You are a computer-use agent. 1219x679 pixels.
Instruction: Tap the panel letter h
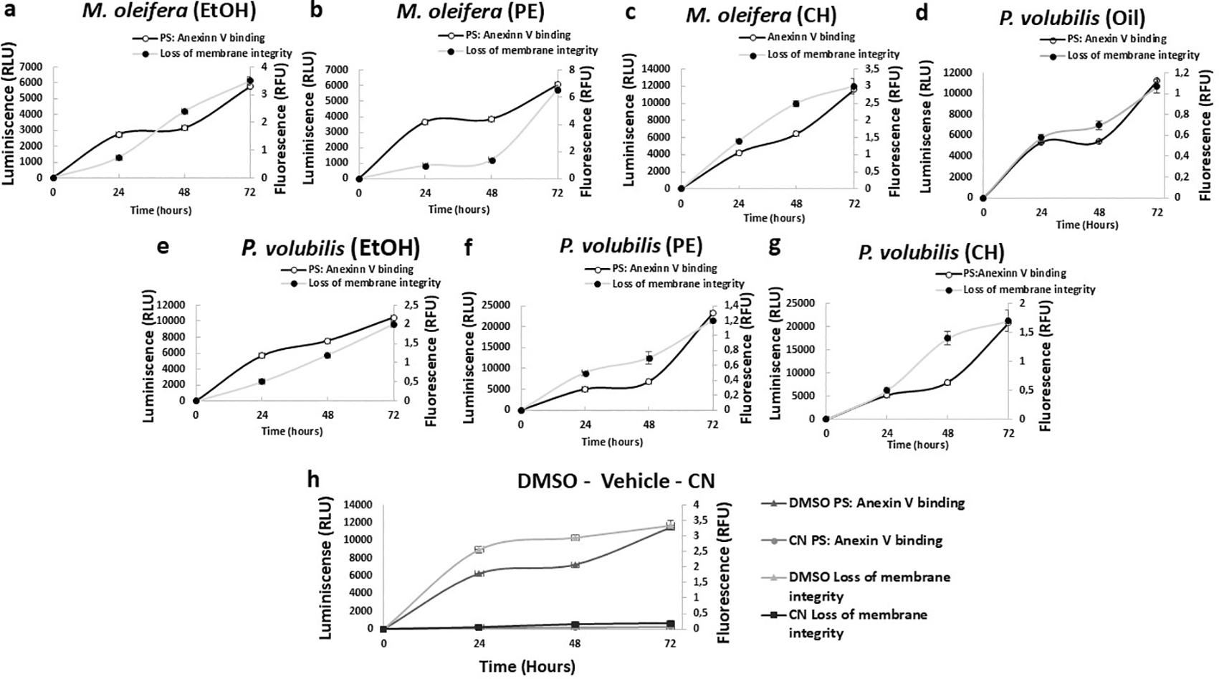[312, 480]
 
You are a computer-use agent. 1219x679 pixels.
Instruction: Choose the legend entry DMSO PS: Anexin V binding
[876, 503]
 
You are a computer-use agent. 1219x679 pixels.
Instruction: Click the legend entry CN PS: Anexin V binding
[864, 541]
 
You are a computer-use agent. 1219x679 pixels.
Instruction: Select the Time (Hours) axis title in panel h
[527, 667]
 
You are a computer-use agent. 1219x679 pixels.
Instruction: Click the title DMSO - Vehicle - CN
[616, 480]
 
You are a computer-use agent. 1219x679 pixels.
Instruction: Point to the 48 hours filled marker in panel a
[184, 112]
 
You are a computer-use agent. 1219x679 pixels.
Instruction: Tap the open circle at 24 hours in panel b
[425, 122]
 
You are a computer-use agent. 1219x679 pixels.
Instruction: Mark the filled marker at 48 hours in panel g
[947, 338]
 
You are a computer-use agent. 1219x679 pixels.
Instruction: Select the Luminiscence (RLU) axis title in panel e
[149, 356]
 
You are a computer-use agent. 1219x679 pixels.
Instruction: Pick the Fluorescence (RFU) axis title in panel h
[724, 569]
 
